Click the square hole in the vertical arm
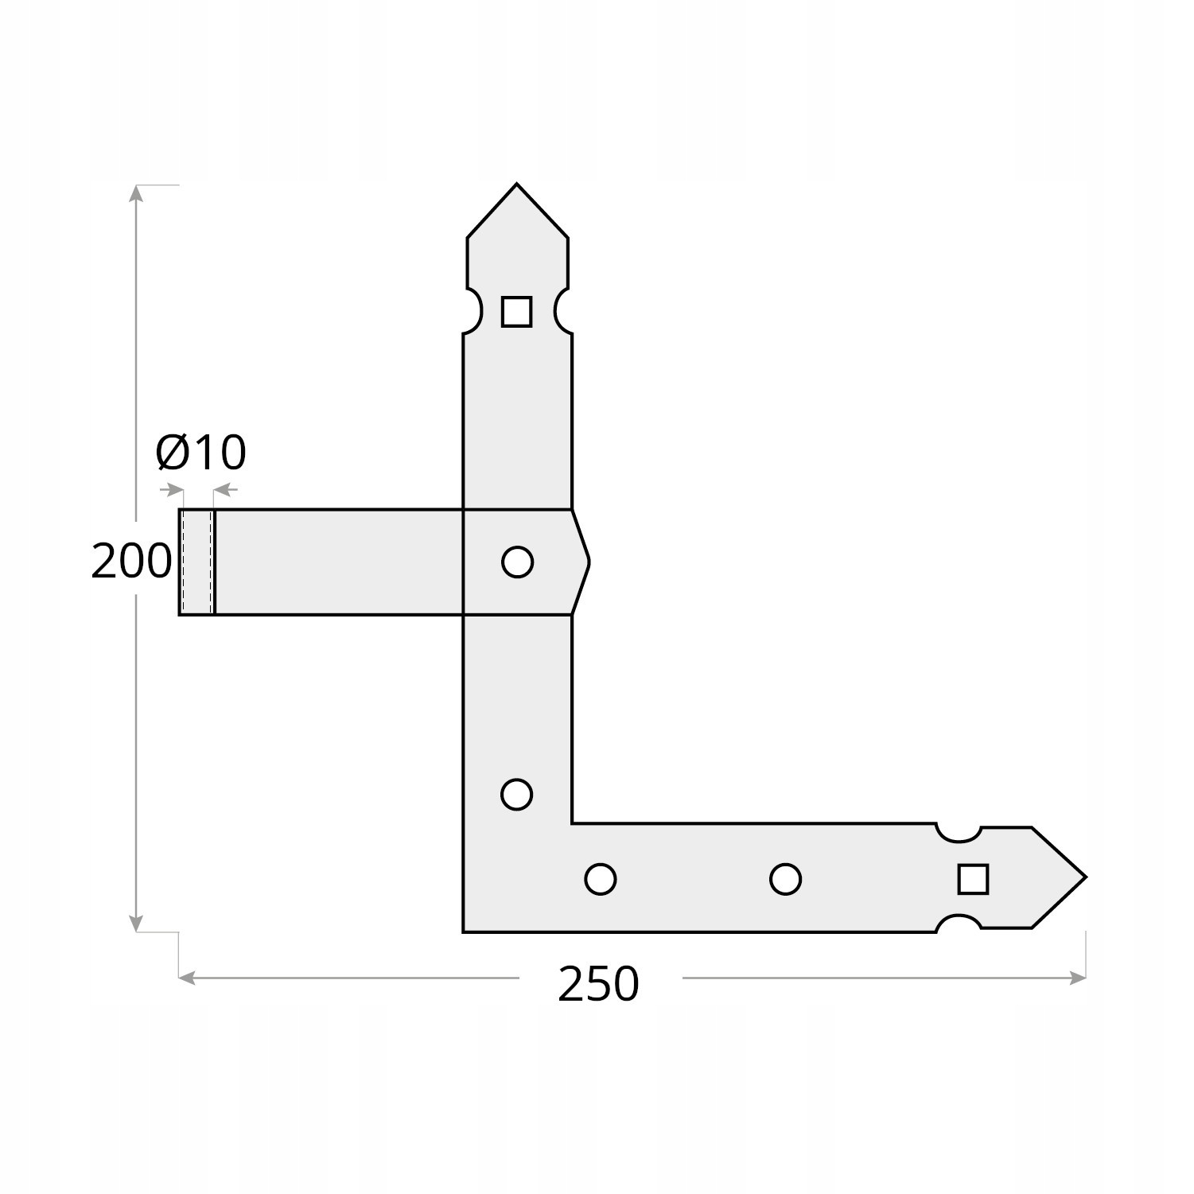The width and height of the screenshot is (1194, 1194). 516,311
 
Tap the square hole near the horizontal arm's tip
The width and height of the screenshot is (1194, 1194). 973,879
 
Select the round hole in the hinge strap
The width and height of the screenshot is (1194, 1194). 517,562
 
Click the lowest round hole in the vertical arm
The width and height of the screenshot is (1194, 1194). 516,794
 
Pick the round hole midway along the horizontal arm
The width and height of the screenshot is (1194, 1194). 785,879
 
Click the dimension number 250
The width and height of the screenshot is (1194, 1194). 598,984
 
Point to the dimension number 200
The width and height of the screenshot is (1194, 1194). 131,561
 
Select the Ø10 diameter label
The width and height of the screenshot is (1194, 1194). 201,453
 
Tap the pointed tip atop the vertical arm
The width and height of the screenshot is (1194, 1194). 516,188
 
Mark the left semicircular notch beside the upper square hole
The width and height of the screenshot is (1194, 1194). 473,310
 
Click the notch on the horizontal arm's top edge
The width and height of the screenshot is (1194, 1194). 958,832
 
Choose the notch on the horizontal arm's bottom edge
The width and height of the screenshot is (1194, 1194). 958,924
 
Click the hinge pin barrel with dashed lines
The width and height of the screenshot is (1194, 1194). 197,562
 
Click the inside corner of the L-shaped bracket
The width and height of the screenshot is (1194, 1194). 572,823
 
